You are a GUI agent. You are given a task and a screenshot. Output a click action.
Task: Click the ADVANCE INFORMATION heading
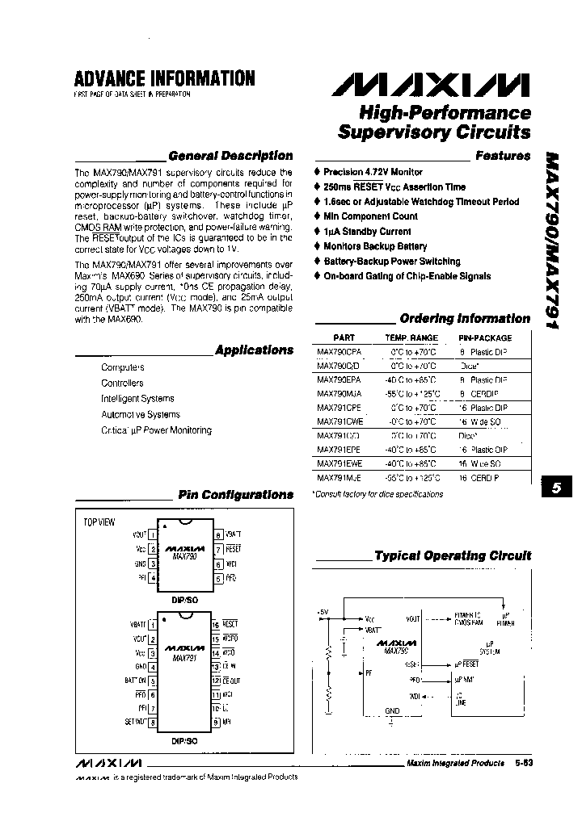164,78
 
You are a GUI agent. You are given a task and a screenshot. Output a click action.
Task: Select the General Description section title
230,156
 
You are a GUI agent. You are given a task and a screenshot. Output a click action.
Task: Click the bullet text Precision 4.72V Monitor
373,172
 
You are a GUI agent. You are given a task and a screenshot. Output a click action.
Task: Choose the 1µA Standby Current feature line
366,232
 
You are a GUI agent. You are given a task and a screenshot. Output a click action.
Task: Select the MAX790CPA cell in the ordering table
339,352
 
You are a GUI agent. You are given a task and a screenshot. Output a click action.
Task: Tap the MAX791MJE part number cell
339,478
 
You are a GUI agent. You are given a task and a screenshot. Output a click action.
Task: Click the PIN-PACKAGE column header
485,338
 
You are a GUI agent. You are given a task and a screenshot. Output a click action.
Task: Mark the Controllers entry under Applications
122,383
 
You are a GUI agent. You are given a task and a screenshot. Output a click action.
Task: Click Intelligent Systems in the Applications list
137,399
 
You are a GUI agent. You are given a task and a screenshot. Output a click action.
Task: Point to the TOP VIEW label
100,522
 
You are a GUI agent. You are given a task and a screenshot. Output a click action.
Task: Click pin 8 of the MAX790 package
217,534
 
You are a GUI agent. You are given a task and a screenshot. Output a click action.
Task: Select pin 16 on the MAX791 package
216,624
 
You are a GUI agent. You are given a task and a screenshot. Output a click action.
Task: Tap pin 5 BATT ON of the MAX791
152,681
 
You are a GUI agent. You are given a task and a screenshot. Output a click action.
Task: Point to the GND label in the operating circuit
393,711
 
